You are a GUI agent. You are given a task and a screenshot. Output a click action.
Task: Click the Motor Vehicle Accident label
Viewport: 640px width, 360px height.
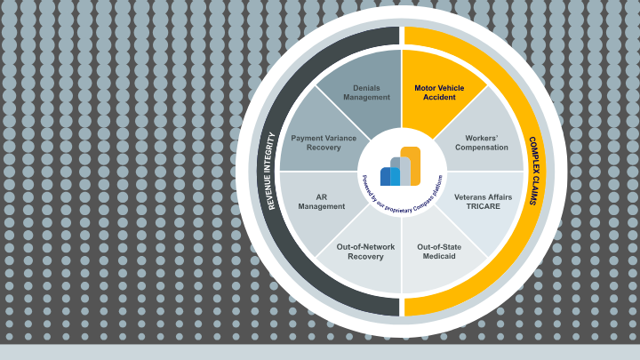click(439, 92)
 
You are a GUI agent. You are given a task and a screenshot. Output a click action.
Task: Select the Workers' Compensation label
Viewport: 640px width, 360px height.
click(482, 142)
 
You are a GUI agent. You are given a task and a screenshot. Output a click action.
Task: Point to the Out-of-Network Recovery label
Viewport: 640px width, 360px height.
click(360, 252)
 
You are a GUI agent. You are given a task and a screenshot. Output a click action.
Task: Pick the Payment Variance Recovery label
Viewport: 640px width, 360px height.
click(324, 142)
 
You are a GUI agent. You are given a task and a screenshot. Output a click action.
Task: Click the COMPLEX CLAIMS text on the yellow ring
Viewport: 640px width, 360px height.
click(532, 171)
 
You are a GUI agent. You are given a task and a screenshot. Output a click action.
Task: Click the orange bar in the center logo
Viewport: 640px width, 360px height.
click(411, 165)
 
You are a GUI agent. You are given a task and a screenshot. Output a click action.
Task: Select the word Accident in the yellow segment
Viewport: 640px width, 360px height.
click(439, 98)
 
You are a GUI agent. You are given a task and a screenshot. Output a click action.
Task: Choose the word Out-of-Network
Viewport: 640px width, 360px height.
click(360, 246)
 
